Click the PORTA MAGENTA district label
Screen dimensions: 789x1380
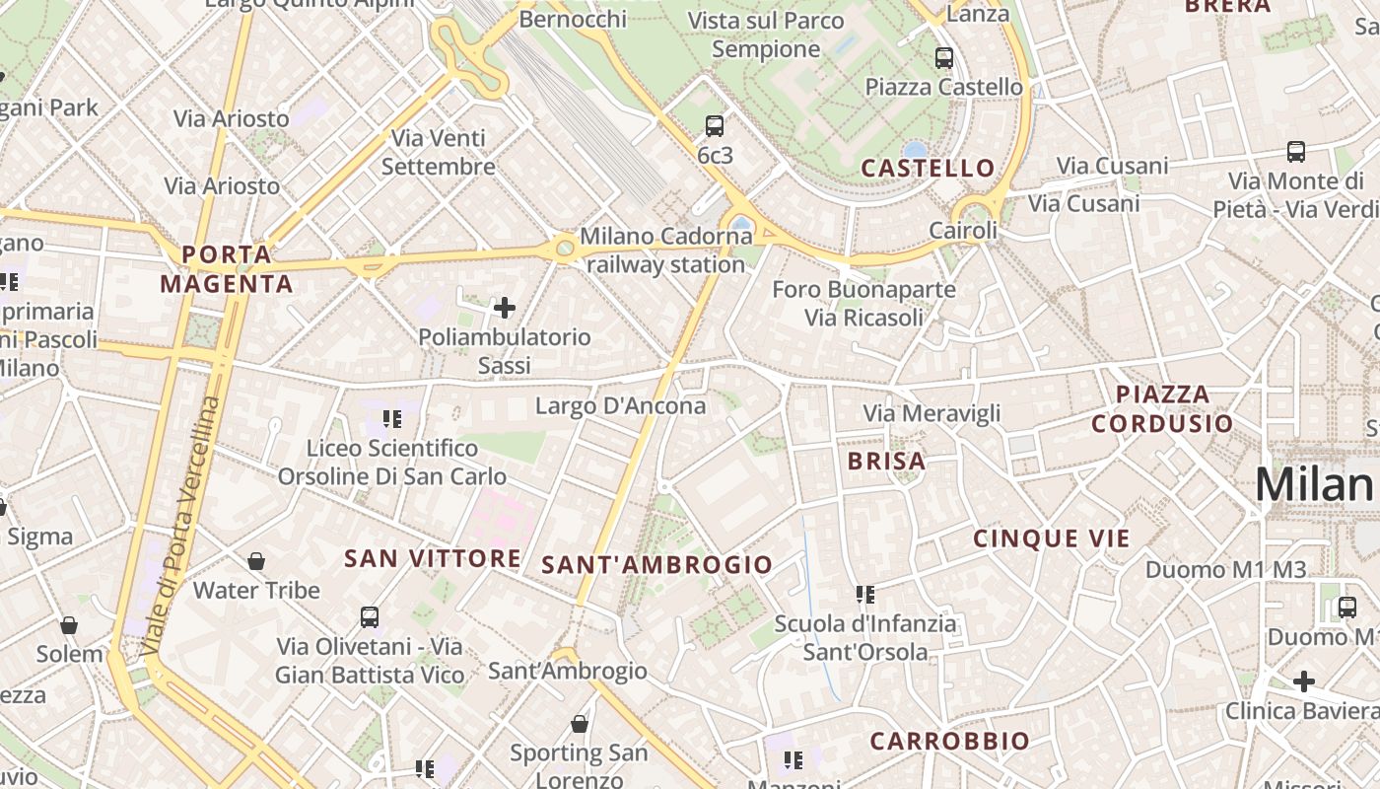click(227, 269)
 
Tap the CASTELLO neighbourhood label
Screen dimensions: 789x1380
click(928, 168)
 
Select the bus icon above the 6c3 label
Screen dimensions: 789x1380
click(715, 126)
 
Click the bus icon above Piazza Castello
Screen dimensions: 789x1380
click(944, 58)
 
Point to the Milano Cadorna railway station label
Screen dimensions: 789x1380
click(665, 251)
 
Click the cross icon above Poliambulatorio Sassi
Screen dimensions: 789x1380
click(505, 309)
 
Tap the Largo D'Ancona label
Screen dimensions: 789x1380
click(620, 405)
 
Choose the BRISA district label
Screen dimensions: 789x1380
click(887, 461)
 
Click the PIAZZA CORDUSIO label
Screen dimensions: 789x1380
click(1162, 409)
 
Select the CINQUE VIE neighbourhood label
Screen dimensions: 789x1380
click(1052, 538)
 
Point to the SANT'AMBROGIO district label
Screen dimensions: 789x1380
click(656, 565)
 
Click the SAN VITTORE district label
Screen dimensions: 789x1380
click(432, 559)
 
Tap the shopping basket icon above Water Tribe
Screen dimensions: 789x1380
click(256, 561)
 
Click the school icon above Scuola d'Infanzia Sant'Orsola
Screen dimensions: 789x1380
click(865, 595)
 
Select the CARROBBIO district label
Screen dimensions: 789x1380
click(949, 741)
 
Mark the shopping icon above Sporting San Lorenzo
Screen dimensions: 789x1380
click(580, 725)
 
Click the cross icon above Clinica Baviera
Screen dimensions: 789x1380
click(1304, 681)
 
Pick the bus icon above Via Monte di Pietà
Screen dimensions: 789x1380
click(1296, 152)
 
